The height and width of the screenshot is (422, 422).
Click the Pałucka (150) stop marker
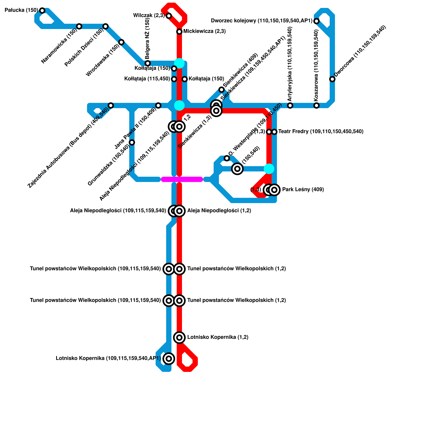42,11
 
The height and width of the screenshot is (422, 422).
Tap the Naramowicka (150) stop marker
79,26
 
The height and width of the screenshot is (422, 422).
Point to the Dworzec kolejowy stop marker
316,21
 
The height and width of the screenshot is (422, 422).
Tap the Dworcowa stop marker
332,79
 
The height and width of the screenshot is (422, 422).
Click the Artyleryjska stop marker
290,105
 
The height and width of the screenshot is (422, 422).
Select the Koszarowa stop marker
316,105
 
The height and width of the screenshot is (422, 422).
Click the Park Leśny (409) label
303,189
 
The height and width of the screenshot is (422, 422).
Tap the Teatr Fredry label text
320,131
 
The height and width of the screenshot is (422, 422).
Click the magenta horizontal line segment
182,179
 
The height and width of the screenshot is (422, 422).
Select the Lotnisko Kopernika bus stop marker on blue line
169,358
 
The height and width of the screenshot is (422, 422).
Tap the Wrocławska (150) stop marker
121,42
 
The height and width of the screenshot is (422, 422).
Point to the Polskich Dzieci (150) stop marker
105,26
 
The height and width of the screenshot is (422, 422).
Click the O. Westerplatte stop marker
227,158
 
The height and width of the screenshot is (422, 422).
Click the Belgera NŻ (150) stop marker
148,63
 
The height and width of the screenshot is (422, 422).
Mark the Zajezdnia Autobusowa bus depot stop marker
111,105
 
